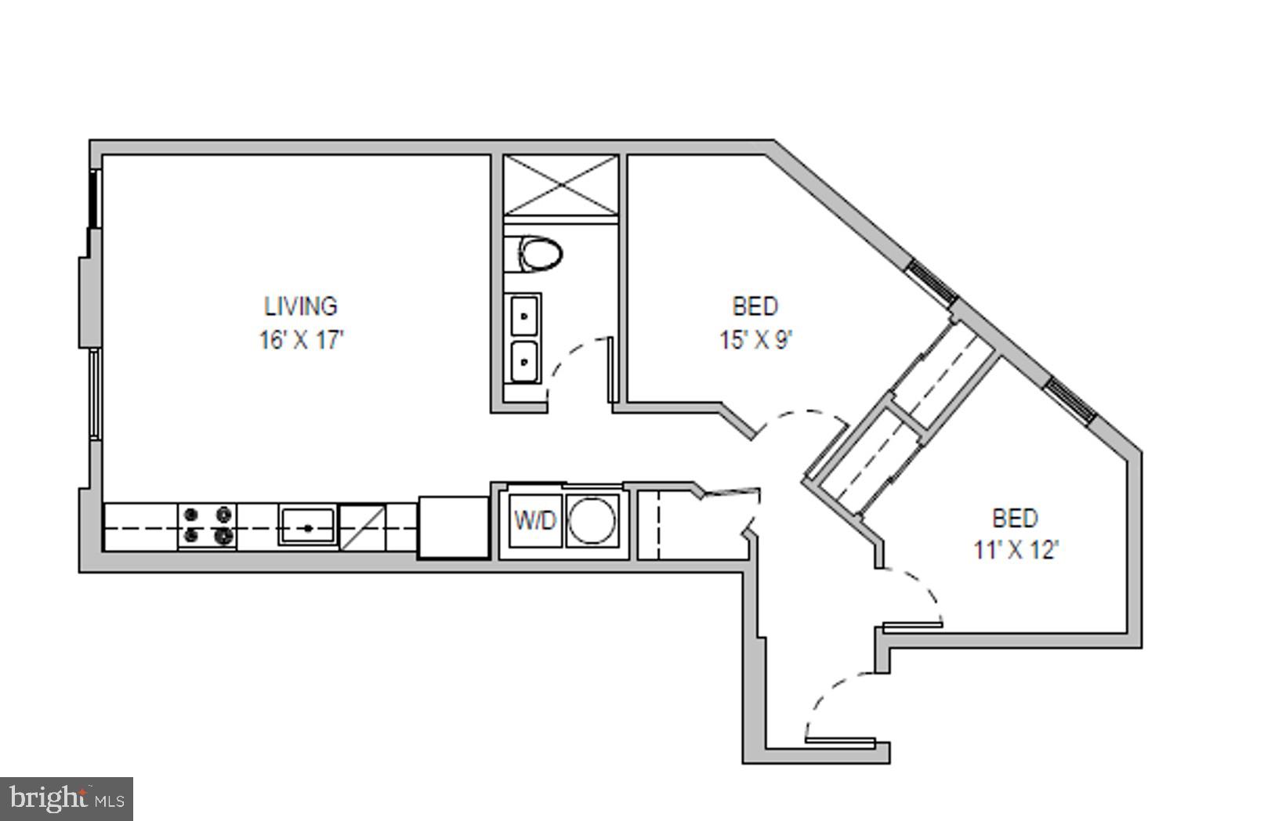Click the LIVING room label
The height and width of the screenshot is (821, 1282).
(300, 306)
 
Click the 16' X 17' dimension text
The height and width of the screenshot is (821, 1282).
(301, 340)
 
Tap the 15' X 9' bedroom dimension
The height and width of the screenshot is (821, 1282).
(755, 340)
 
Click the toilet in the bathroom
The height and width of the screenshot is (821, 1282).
(540, 255)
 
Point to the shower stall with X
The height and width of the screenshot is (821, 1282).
(560, 184)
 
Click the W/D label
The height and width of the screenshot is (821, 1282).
(534, 520)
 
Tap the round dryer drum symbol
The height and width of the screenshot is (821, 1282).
(592, 520)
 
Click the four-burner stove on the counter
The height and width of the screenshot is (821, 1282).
(207, 526)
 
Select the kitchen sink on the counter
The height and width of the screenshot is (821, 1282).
(308, 526)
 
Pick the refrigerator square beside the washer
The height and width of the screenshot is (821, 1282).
(454, 526)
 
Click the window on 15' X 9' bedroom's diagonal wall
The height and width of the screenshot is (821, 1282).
(931, 283)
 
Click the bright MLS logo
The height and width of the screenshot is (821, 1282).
(67, 799)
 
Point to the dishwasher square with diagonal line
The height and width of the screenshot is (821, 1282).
(362, 526)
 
